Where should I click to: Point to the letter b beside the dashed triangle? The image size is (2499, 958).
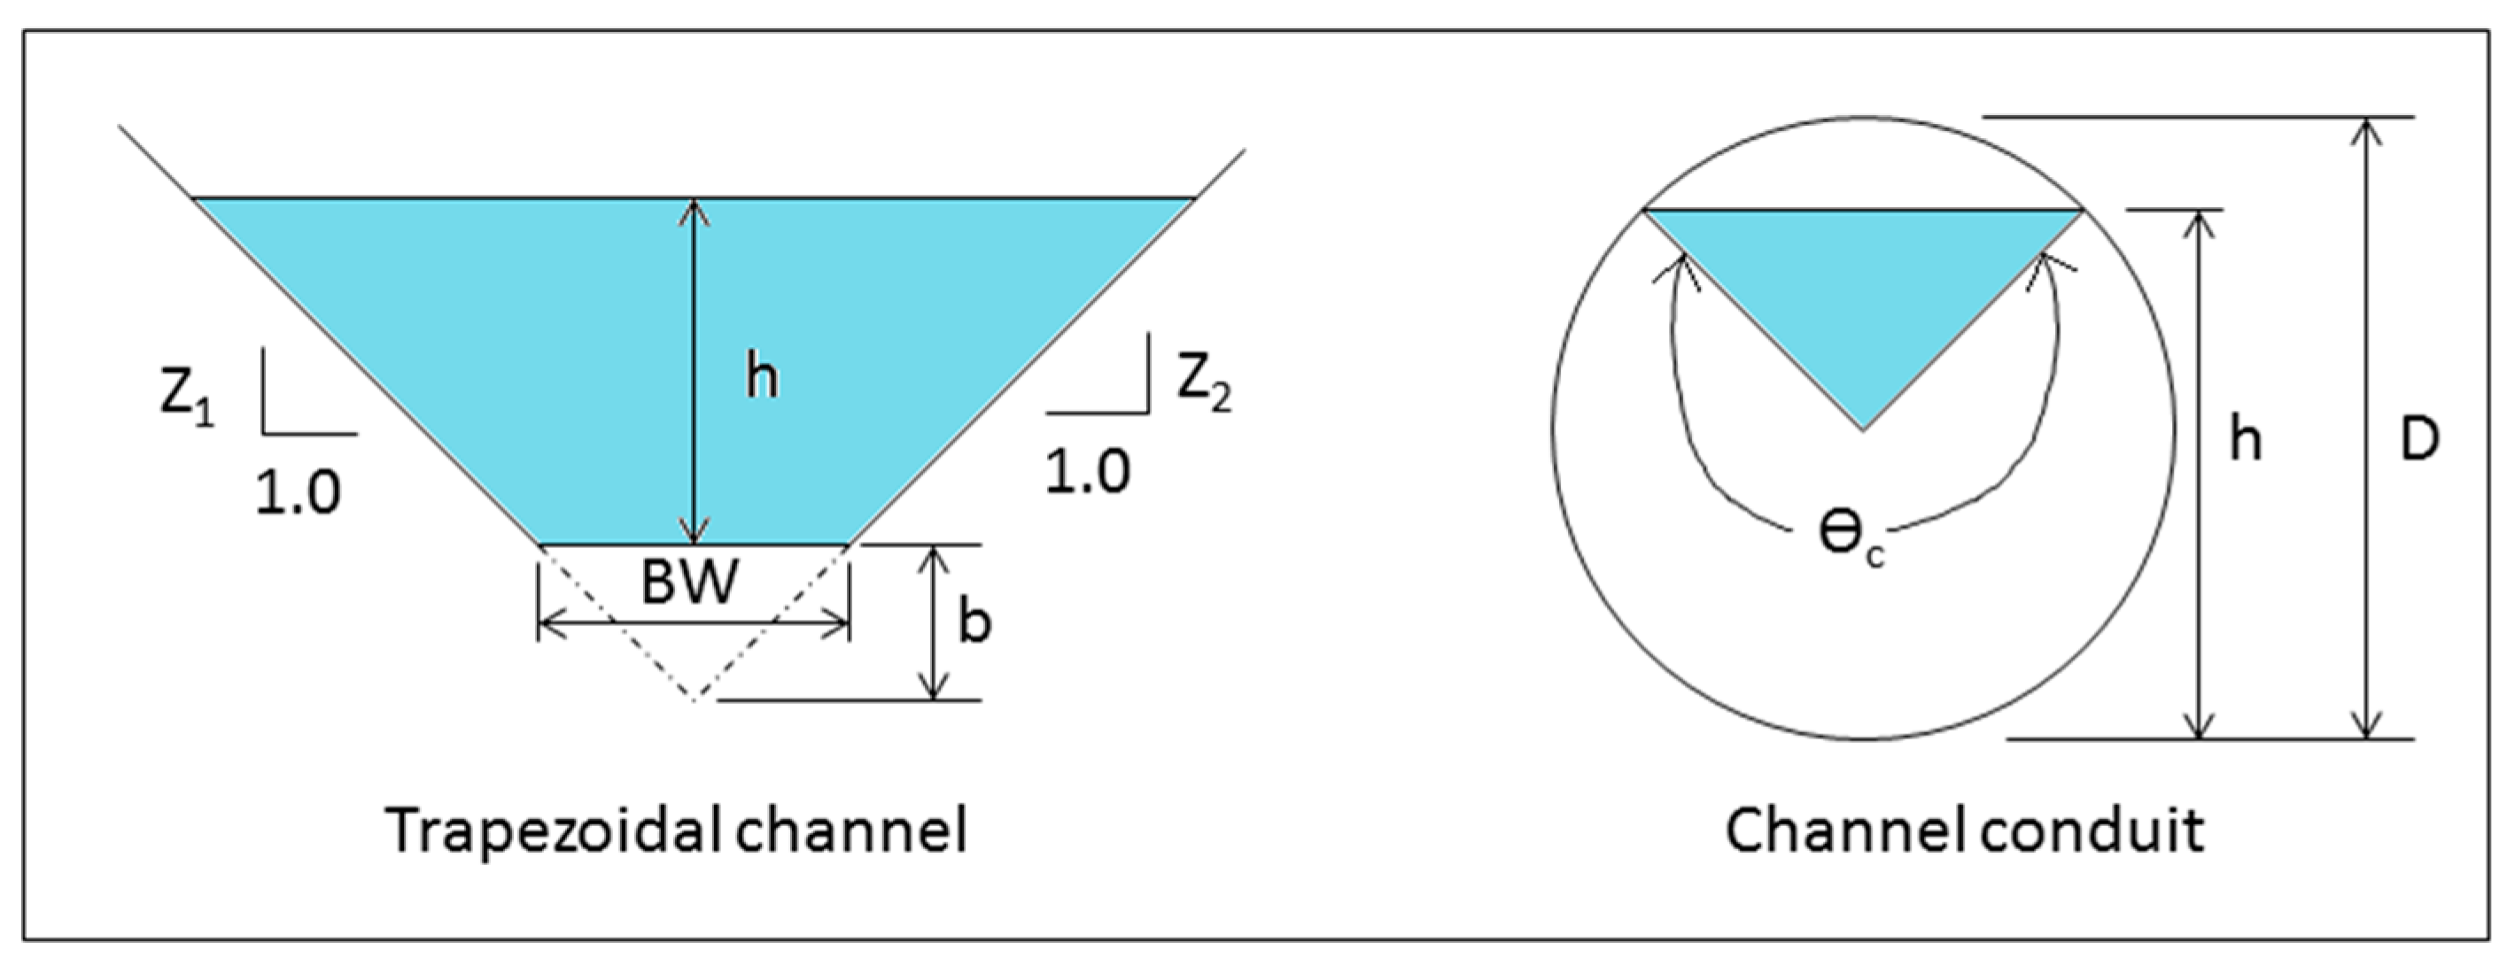click(x=974, y=622)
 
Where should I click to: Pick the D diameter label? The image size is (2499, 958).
click(x=2418, y=442)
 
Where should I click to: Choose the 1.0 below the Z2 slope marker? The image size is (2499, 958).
click(x=1088, y=473)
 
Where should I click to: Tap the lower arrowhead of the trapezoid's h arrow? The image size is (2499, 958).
click(x=693, y=536)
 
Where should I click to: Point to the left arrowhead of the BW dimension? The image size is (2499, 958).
click(x=545, y=628)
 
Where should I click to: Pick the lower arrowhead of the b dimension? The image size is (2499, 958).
click(x=933, y=691)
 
